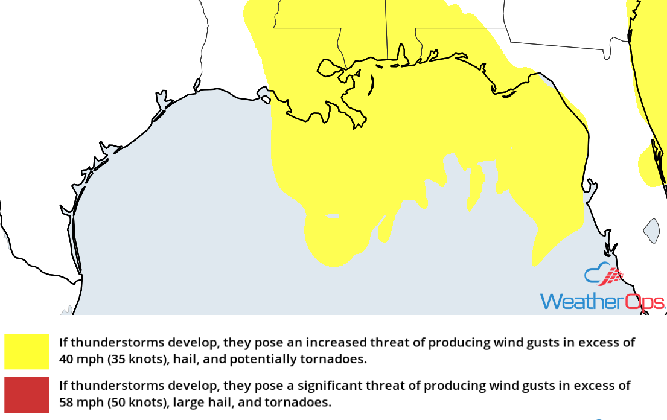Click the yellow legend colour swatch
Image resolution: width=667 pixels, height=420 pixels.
[x=27, y=351]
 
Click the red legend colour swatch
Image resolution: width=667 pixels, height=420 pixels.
[x=27, y=395]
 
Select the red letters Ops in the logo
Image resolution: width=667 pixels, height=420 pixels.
[x=645, y=301]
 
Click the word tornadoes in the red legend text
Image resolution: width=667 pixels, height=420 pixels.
[x=302, y=402]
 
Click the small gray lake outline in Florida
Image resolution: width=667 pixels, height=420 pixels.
[x=651, y=231]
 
